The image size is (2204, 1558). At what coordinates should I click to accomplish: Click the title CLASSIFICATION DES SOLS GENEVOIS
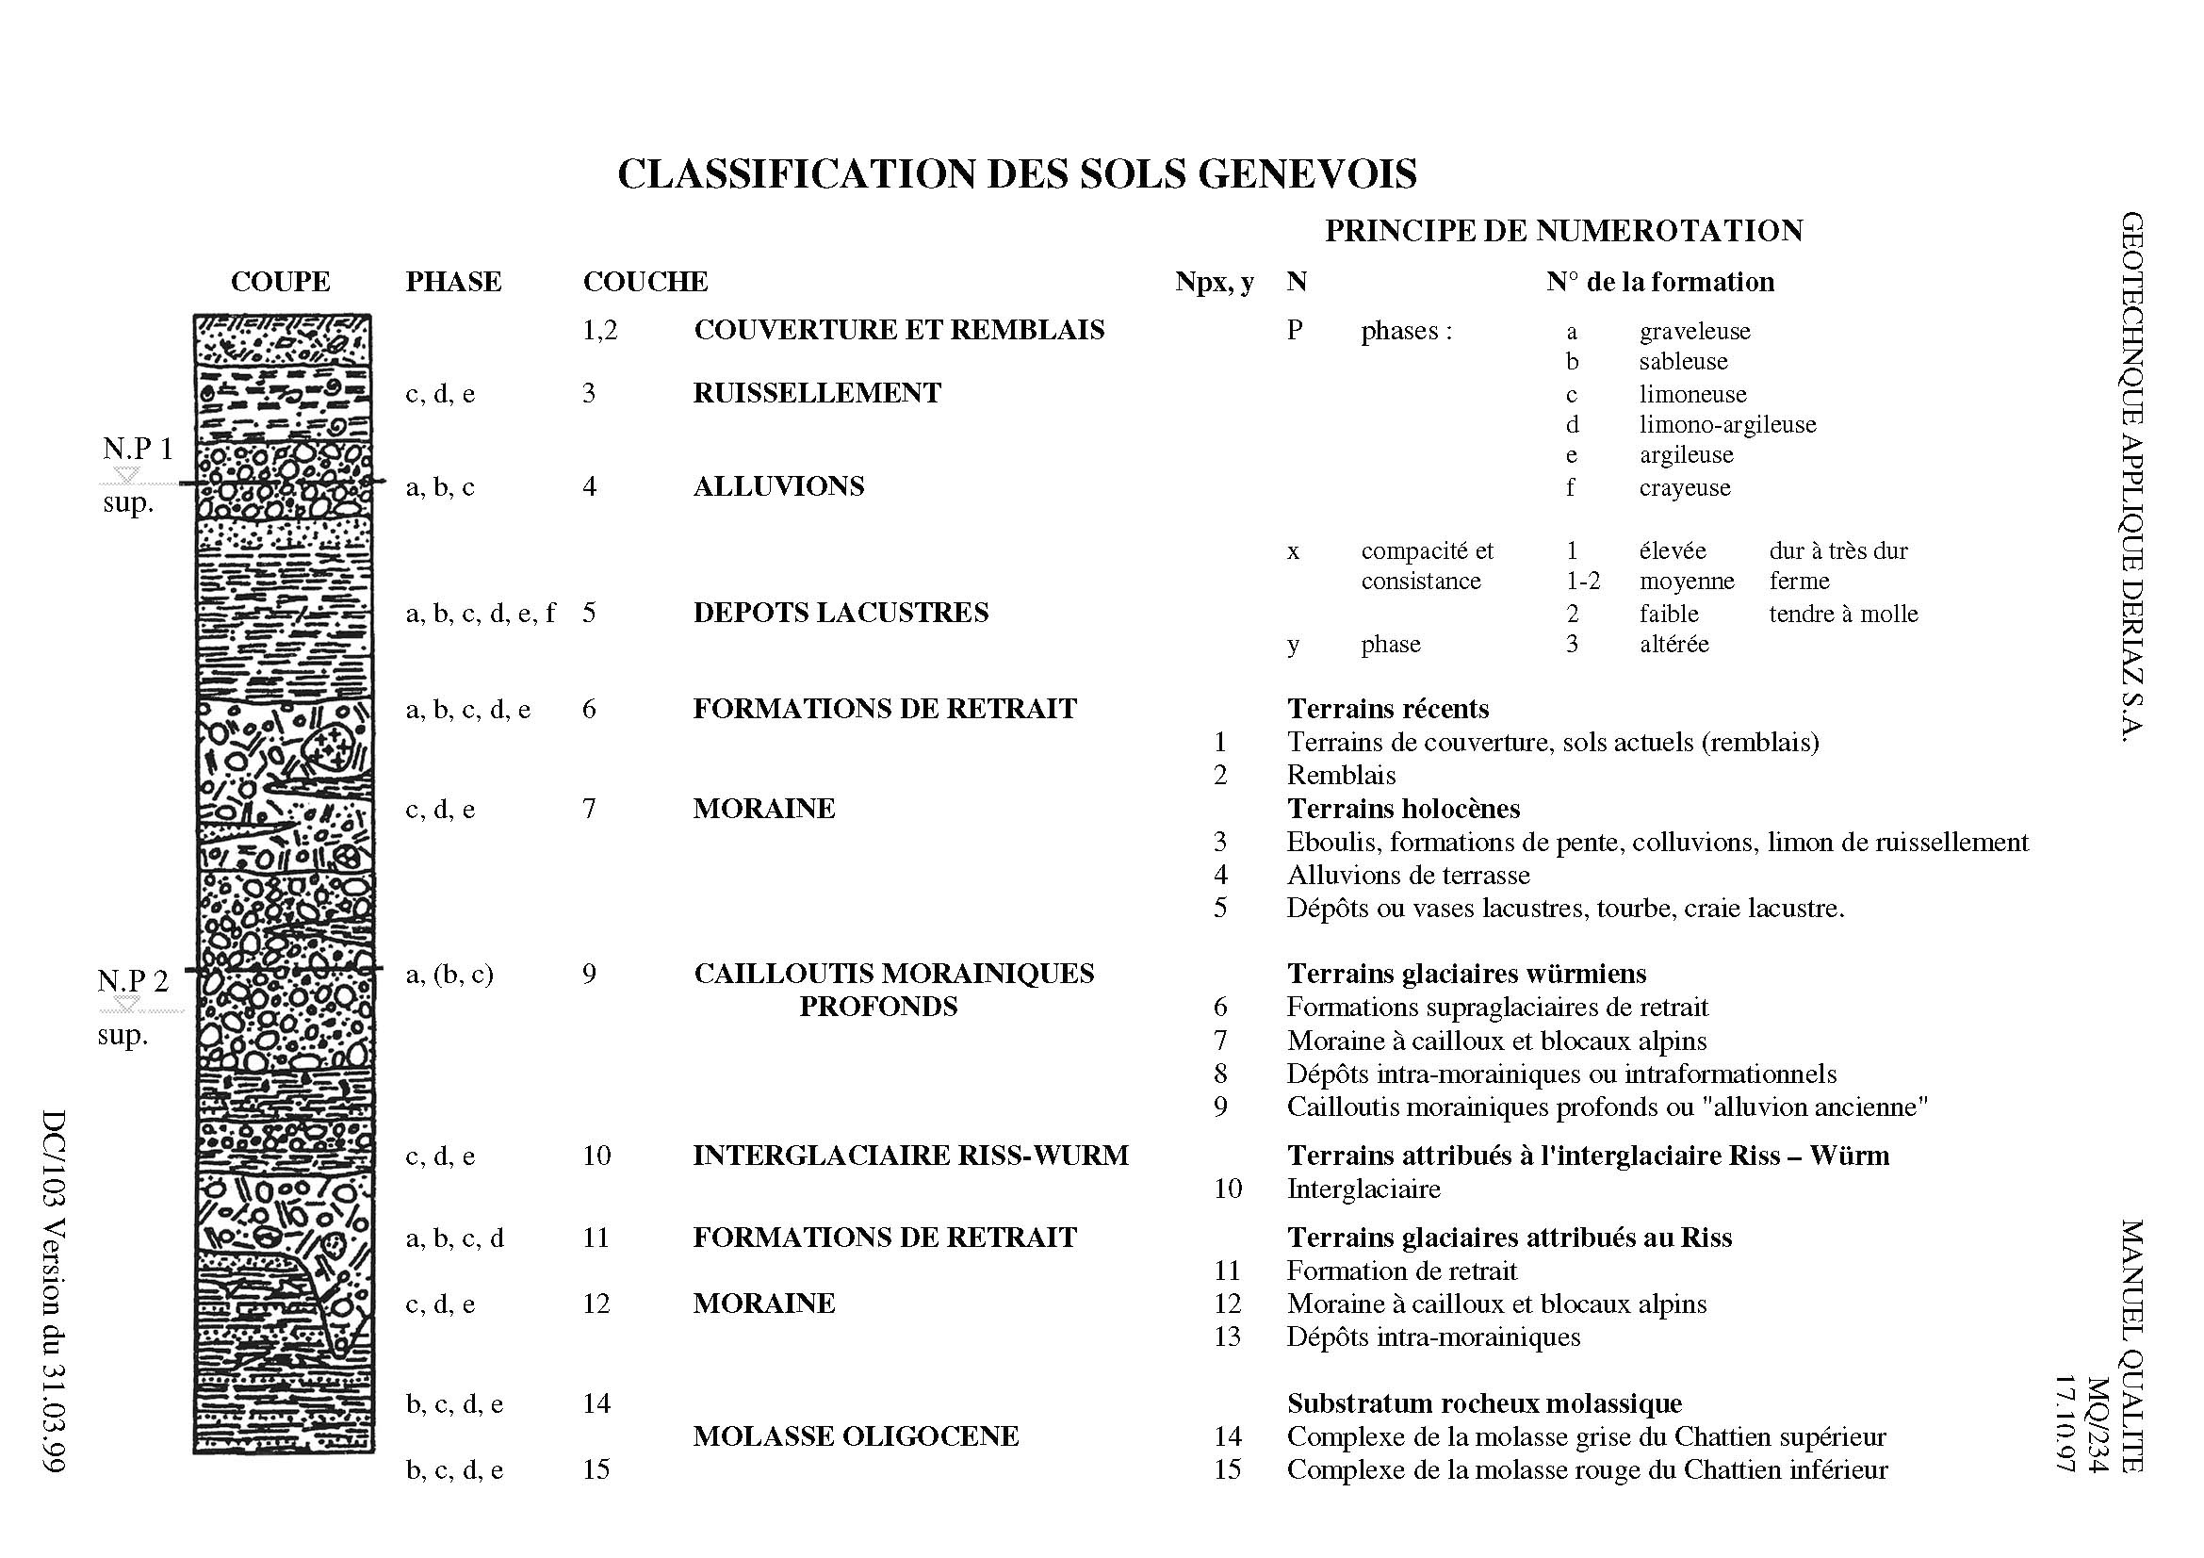[x=1017, y=173]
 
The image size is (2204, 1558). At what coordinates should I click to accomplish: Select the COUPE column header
[x=280, y=282]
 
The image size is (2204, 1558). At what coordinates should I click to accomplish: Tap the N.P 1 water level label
[x=139, y=449]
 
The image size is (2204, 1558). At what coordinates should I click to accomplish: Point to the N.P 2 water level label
[x=133, y=980]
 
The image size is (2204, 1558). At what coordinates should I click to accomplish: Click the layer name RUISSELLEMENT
[x=817, y=393]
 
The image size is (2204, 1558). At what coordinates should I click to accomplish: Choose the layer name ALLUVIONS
[x=778, y=486]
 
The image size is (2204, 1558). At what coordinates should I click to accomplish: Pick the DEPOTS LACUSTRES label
[x=840, y=613]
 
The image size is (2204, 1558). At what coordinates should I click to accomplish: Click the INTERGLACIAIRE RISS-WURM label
[x=910, y=1155]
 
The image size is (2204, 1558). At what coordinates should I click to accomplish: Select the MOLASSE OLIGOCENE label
[x=856, y=1436]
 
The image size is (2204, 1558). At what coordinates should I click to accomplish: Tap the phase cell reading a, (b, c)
[x=449, y=974]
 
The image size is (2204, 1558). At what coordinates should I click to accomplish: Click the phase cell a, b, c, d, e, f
[x=480, y=613]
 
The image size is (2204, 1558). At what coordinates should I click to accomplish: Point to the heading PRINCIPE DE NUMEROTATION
[x=1564, y=230]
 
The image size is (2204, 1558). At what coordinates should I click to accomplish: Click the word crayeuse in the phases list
[x=1685, y=487]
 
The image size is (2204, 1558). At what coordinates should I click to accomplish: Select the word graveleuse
[x=1694, y=331]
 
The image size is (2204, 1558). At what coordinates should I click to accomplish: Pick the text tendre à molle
[x=1843, y=614]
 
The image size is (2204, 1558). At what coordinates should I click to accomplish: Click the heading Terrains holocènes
[x=1403, y=809]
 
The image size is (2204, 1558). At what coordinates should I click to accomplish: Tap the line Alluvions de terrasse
[x=1408, y=875]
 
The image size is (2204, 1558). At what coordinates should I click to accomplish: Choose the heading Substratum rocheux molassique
[x=1484, y=1403]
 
